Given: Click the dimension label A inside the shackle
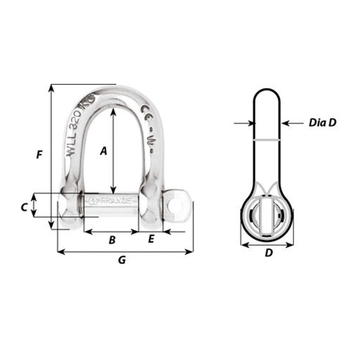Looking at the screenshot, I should point(103,151).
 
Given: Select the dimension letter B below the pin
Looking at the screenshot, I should point(112,240).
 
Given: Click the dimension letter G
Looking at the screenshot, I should point(122,260).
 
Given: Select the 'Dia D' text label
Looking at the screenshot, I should point(322,123).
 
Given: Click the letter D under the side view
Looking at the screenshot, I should point(269,253).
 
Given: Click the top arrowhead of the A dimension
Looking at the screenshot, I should point(113,112).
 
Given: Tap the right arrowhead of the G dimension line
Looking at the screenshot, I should point(190,252).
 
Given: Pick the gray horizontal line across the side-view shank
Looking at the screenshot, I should point(267,140).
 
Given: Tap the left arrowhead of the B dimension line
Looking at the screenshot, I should point(87,232).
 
